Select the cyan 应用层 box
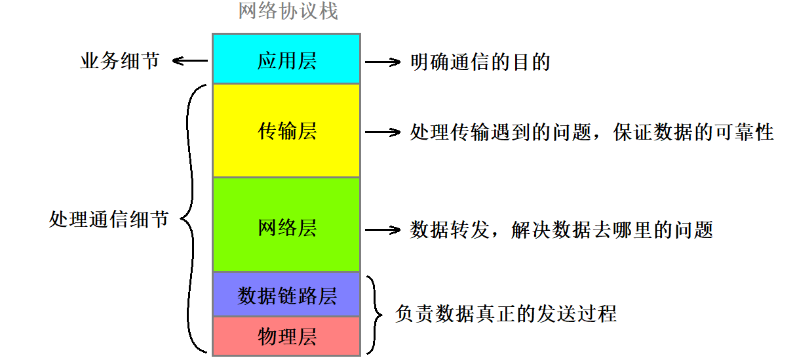point(286,59)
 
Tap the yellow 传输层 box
point(286,131)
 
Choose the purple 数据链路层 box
point(286,295)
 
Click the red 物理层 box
point(286,336)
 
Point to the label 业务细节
point(119,62)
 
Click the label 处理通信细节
point(108,219)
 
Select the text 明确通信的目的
point(480,62)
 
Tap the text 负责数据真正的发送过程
point(506,313)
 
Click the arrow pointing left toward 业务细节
point(190,62)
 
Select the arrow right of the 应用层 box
point(383,62)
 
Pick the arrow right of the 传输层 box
point(383,132)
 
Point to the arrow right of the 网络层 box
point(383,230)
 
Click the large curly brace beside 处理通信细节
point(191,219)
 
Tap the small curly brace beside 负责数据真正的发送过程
point(374,313)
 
